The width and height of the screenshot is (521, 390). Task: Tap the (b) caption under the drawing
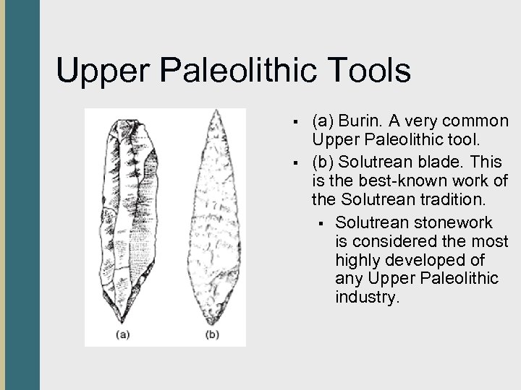coord(211,334)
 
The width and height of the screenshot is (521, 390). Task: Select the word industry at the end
coord(367,296)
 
